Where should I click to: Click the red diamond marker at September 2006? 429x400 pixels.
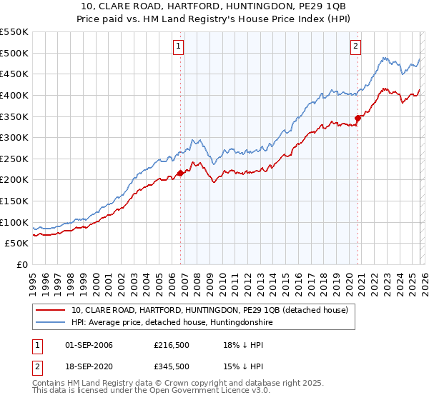coord(180,173)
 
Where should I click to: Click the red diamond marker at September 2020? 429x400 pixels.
coord(358,118)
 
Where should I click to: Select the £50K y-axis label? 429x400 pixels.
coord(16,244)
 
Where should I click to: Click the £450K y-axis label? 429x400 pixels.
coord(14,74)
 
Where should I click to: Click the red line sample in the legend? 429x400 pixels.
coord(51,310)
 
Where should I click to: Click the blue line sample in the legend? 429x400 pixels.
coord(51,323)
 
